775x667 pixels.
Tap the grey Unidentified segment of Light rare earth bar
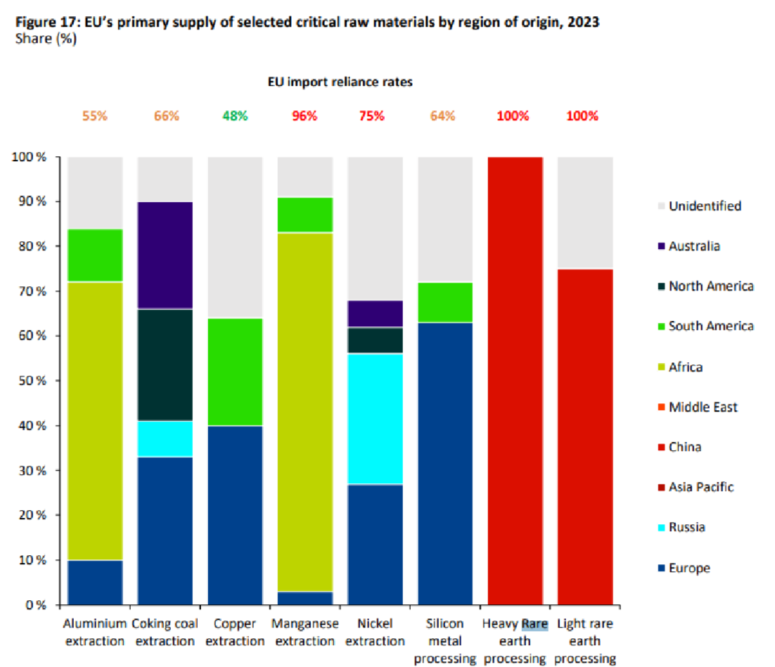pyautogui.click(x=584, y=212)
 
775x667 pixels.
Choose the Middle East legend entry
pyautogui.click(x=703, y=407)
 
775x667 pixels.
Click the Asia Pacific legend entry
pyautogui.click(x=701, y=487)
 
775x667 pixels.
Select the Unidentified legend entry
pyautogui.click(x=705, y=206)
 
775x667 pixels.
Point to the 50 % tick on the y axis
pyautogui.click(x=32, y=381)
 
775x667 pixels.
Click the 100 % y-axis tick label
pyautogui.click(x=29, y=157)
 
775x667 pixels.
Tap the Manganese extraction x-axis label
pyautogui.click(x=304, y=632)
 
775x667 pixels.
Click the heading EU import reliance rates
pyautogui.click(x=340, y=82)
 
